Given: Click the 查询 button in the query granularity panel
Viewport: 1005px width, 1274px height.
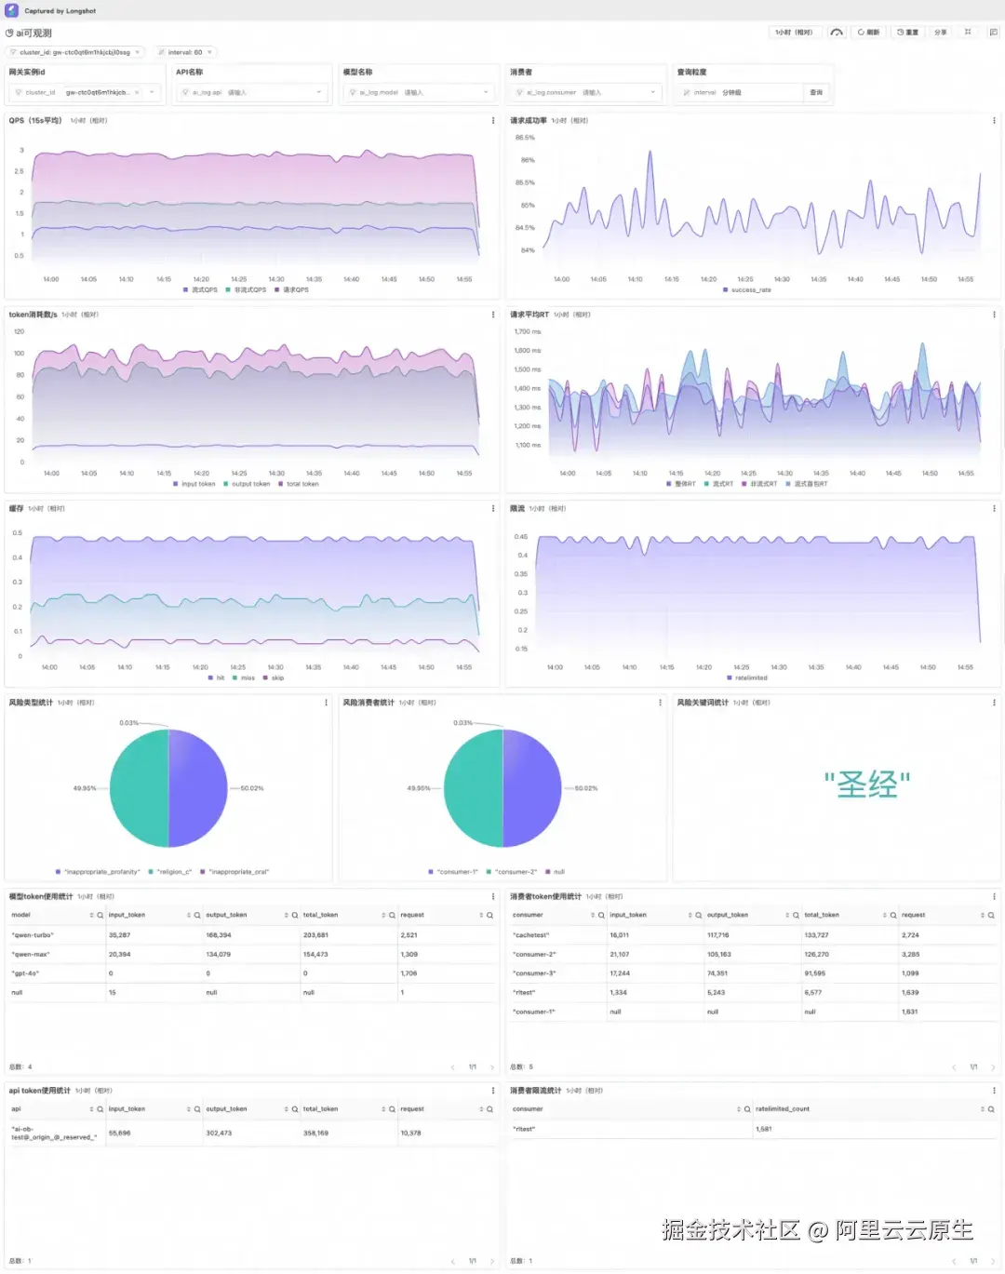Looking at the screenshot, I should (816, 92).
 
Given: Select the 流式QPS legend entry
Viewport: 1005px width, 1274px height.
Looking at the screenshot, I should (204, 290).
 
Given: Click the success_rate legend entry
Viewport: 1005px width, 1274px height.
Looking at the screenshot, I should (750, 290).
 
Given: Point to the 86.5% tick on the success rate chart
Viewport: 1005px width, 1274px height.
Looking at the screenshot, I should (526, 138).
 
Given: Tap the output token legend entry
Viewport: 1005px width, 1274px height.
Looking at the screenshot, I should (250, 484).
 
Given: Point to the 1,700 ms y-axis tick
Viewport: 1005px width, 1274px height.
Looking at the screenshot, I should (528, 331).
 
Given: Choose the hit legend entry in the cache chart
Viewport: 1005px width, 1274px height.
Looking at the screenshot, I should (220, 678).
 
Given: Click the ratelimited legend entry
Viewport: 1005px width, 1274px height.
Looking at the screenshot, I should (750, 678).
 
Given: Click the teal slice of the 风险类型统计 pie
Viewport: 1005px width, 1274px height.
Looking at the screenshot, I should (140, 788).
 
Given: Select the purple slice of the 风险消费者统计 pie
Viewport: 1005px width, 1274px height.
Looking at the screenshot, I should (531, 788).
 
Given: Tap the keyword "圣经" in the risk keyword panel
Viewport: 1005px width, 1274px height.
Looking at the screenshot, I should (866, 785).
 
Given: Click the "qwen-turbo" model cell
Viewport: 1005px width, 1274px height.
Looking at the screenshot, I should (33, 935).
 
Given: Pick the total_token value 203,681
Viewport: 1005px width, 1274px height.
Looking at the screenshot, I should (315, 935).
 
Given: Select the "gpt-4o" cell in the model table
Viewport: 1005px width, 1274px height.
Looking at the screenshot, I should (25, 973).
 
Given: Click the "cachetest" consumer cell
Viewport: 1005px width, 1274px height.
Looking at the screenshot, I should (531, 935).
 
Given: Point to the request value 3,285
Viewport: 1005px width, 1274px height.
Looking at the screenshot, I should (910, 955).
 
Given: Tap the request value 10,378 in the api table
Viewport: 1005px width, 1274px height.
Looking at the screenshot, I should (410, 1133).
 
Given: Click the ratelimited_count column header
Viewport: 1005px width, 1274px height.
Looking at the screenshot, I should (783, 1109).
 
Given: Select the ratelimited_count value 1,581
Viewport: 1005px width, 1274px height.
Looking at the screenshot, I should (764, 1129).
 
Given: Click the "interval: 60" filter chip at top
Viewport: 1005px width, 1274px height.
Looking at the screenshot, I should (184, 52).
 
